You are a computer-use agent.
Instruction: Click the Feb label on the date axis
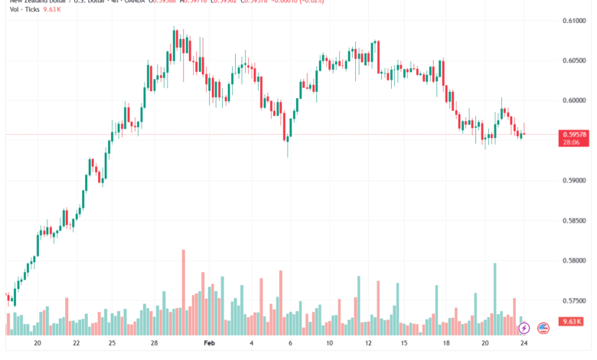click(x=210, y=344)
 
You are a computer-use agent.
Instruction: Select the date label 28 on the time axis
click(x=155, y=344)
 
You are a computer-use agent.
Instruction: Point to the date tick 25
click(x=113, y=344)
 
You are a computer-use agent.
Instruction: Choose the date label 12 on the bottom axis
click(x=368, y=344)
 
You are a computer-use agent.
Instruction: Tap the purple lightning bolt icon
click(x=524, y=329)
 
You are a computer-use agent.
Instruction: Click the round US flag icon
click(x=543, y=329)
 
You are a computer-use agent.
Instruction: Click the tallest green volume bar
click(x=494, y=299)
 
